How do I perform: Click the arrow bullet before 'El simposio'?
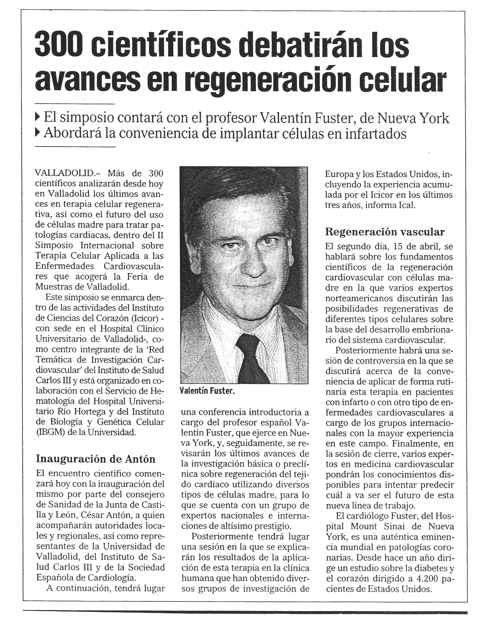pyautogui.click(x=37, y=118)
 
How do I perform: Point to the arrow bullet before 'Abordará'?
pyautogui.click(x=37, y=134)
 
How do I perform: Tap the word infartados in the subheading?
pyautogui.click(x=374, y=134)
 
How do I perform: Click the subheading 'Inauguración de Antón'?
pyautogui.click(x=95, y=459)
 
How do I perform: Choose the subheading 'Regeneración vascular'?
pyautogui.click(x=385, y=232)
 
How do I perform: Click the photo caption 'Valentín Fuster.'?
pyautogui.click(x=207, y=391)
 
